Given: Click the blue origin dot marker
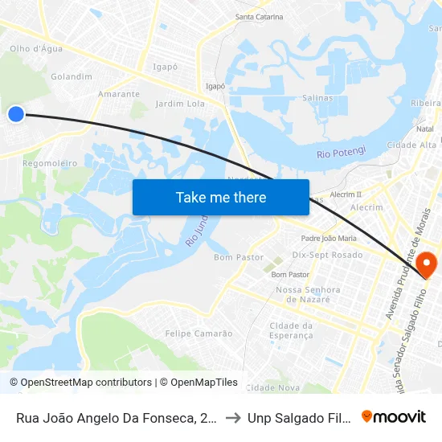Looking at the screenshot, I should [x=15, y=114].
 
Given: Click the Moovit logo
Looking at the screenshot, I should [x=394, y=416].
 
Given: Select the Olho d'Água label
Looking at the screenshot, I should [x=35, y=49].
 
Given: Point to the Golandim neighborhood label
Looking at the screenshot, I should [x=72, y=77].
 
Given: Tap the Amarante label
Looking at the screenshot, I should [x=118, y=94].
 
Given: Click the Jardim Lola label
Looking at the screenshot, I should [x=180, y=104].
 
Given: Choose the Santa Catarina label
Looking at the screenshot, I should [x=259, y=17].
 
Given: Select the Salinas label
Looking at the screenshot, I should [x=317, y=98].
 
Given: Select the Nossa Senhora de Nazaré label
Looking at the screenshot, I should [x=308, y=294].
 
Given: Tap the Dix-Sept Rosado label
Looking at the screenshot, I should [x=327, y=255].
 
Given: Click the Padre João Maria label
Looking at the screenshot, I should [x=328, y=238].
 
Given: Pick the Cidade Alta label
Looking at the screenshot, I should [x=411, y=145].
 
